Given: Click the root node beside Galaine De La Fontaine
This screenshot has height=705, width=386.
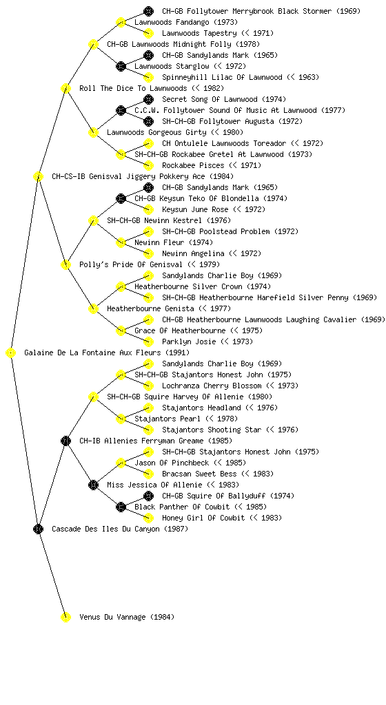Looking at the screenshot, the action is [x=11, y=353].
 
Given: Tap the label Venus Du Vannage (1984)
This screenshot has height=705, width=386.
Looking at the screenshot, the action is [x=127, y=617].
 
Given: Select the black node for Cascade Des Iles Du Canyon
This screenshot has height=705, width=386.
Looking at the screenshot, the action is [x=38, y=529].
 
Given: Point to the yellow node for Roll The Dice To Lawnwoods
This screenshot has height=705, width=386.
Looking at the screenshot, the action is [x=65, y=88].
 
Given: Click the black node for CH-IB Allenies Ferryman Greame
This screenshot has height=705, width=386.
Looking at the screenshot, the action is [x=65, y=441].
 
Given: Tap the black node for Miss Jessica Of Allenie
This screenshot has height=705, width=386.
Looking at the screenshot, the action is [x=93, y=485].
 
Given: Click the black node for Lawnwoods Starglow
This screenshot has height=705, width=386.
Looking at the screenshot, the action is [x=121, y=66].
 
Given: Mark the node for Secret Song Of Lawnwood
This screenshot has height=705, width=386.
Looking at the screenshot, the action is [x=148, y=99].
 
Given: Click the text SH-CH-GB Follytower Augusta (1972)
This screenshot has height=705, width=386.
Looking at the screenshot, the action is [x=232, y=121].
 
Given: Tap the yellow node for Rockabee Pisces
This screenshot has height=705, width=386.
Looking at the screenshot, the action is [x=148, y=165].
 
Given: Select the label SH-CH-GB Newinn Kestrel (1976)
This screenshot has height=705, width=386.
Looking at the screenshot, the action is [x=169, y=220].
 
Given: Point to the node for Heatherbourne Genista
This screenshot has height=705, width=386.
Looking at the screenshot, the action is [x=93, y=308].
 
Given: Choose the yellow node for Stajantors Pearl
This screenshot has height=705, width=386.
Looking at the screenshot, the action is [x=121, y=419].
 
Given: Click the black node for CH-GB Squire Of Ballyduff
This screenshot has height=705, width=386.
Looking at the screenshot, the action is [x=148, y=496].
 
